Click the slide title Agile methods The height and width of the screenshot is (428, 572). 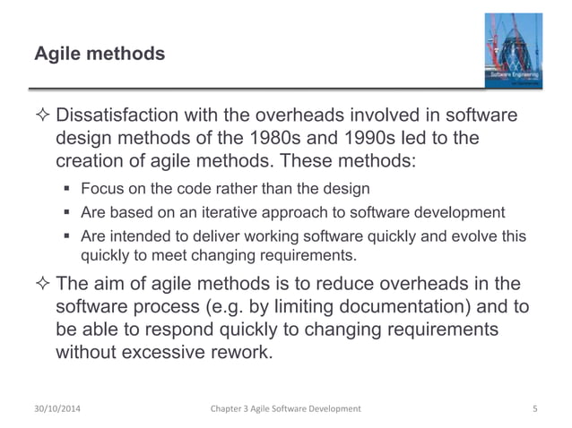(100, 55)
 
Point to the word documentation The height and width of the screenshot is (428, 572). (389, 307)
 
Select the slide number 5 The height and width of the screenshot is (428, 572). (534, 409)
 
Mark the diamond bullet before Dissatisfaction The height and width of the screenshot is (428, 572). (42, 120)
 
